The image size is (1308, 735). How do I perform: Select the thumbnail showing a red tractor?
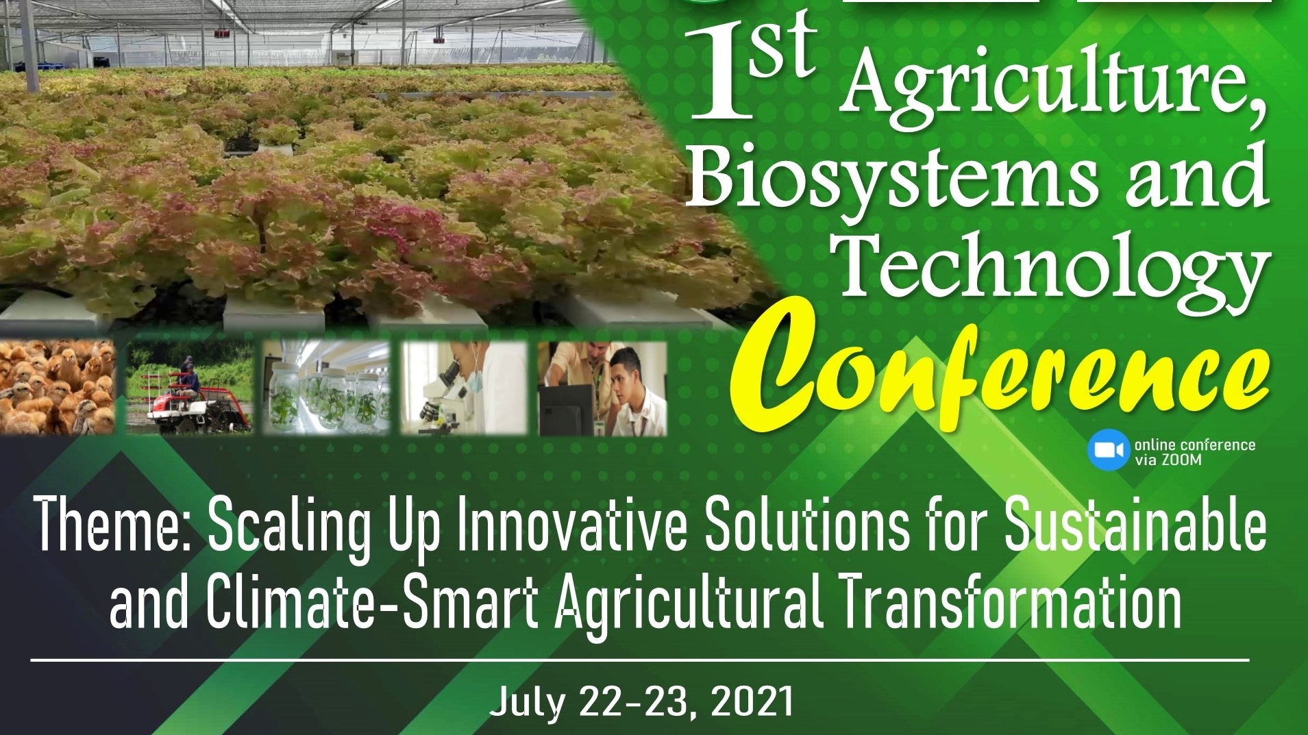[x=188, y=388]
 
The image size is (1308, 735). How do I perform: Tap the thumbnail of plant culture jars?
[x=326, y=388]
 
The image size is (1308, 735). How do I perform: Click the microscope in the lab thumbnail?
[x=439, y=390]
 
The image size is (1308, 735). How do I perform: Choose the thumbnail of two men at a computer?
[x=602, y=388]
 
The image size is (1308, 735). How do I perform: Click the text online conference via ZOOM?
[x=1194, y=452]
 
